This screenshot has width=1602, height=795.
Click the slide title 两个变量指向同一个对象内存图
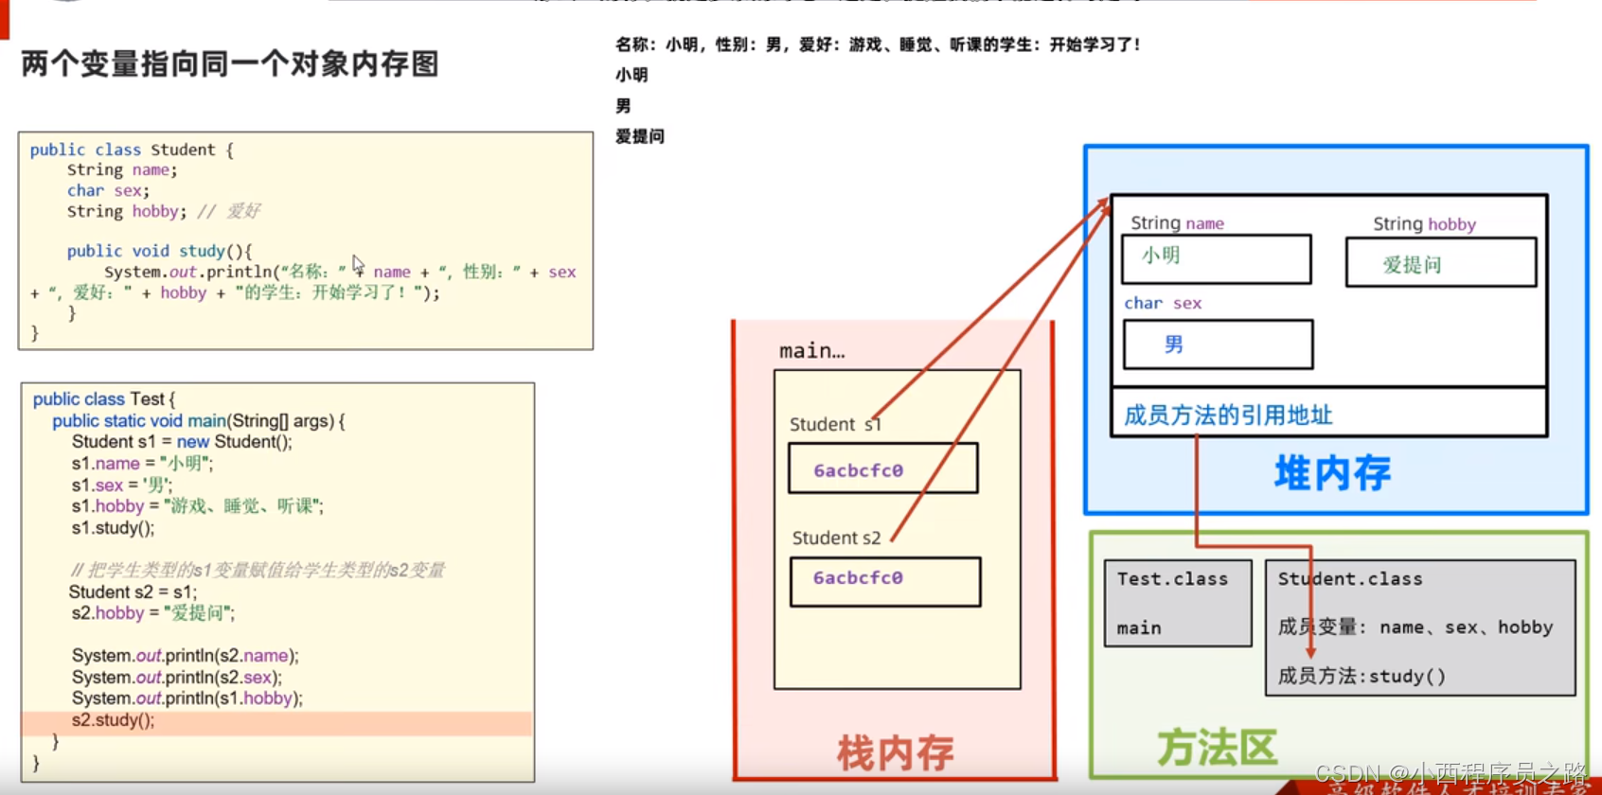(230, 64)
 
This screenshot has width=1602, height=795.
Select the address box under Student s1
(882, 469)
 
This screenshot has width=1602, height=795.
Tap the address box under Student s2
(884, 580)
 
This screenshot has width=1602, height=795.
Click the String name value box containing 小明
(1216, 258)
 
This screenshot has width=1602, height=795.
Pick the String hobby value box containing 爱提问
(1440, 263)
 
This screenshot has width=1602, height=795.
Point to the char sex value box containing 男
(1218, 344)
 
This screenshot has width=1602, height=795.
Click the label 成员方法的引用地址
(1227, 415)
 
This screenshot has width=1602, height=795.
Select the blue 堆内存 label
(1332, 472)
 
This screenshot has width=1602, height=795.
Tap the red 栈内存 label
(895, 752)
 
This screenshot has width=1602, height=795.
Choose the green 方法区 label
(1217, 748)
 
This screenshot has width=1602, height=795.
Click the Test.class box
(1178, 603)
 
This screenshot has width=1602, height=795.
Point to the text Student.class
(1350, 579)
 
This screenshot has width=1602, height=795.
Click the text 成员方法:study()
(1362, 676)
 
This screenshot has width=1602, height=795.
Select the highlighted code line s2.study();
(113, 720)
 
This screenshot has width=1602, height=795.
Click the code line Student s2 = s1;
(133, 592)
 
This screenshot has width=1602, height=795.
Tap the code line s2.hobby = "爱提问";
(152, 613)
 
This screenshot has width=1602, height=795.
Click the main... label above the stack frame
(811, 351)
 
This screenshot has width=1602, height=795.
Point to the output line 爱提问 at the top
(640, 136)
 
